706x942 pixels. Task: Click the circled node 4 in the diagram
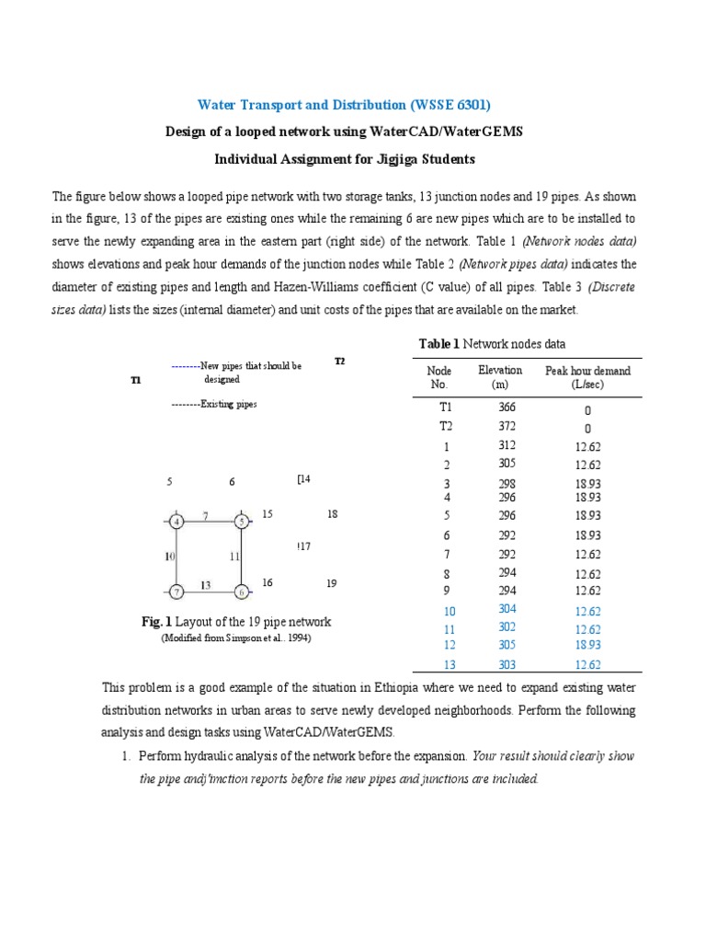[x=176, y=522]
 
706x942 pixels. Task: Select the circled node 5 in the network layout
[x=241, y=522]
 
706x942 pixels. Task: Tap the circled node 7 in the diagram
[x=176, y=591]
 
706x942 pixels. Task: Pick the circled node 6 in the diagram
[x=241, y=591]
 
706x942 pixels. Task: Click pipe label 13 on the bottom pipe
[x=206, y=584]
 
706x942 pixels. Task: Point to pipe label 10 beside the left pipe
[x=169, y=557]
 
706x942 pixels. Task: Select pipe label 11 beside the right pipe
[x=234, y=557]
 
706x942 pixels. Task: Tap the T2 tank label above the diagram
[x=339, y=362]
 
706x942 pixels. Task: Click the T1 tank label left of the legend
[x=135, y=379]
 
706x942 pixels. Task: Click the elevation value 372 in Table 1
[x=507, y=426]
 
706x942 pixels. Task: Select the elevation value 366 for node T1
[x=507, y=407]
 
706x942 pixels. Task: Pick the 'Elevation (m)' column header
[x=500, y=377]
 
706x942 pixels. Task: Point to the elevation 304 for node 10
[x=507, y=610]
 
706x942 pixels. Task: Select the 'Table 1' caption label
[x=438, y=343]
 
